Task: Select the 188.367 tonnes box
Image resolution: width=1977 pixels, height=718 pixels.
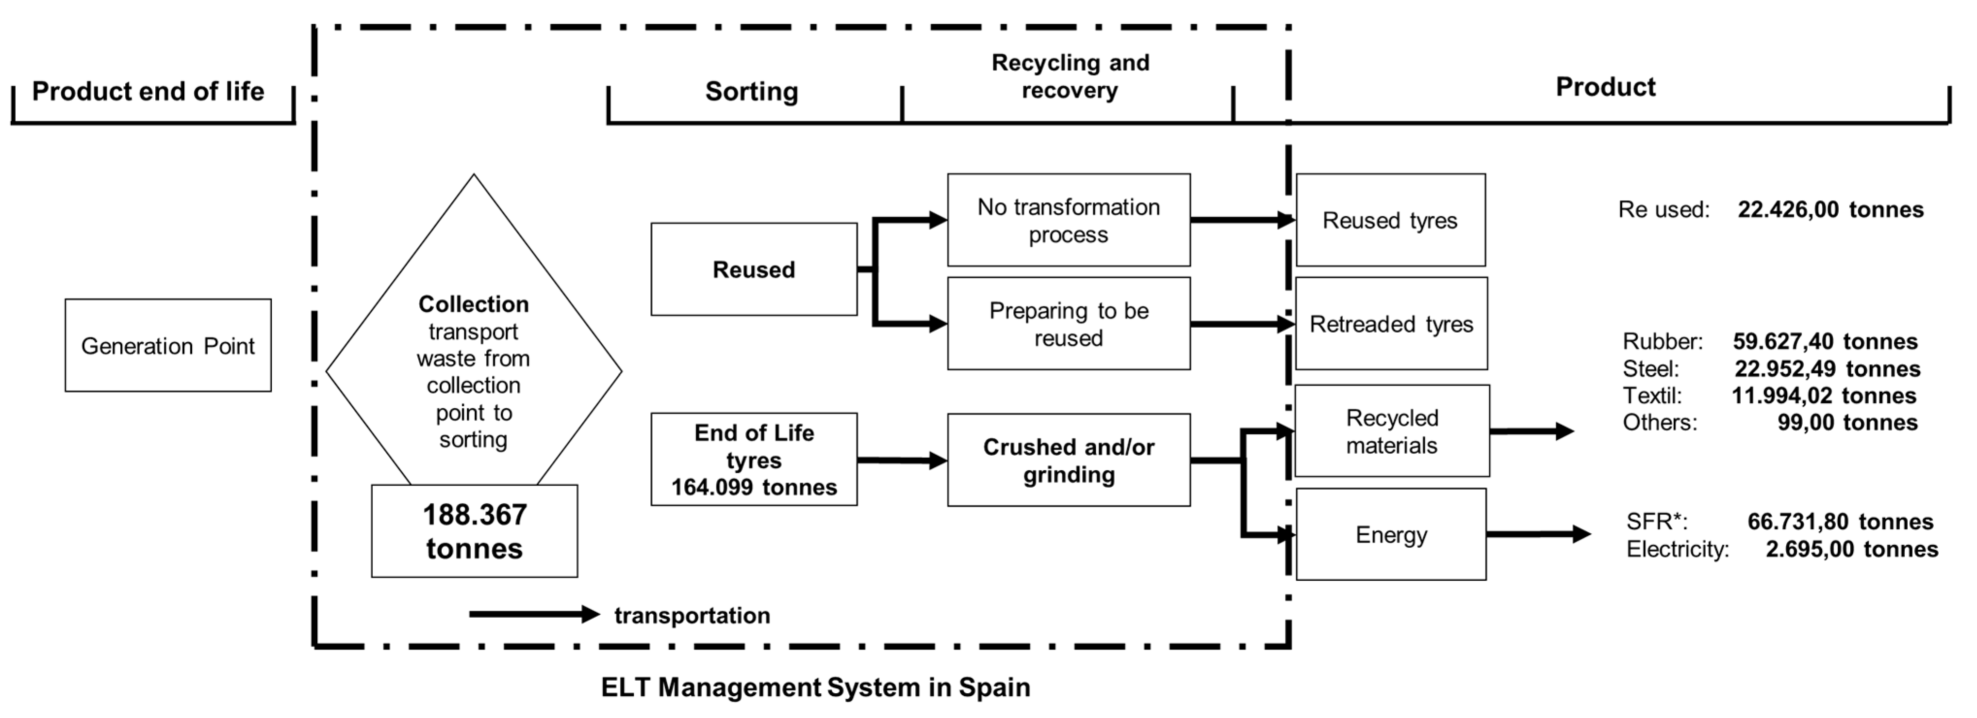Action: tap(474, 531)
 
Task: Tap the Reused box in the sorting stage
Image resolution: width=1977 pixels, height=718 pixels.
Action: tap(754, 269)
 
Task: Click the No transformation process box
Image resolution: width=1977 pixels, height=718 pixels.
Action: tap(1068, 220)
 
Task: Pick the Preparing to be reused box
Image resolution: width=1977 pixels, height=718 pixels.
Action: tap(1068, 324)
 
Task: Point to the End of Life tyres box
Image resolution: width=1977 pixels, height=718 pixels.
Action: tap(754, 460)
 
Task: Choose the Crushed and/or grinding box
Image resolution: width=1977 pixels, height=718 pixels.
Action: tap(1068, 460)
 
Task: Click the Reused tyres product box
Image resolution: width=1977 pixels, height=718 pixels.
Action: tap(1390, 220)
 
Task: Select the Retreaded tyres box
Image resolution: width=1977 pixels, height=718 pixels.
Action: tap(1391, 324)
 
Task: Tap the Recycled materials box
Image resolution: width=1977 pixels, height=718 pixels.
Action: tap(1391, 431)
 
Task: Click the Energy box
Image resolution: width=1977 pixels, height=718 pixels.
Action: tap(1391, 535)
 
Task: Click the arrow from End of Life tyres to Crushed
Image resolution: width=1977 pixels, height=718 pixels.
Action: tap(902, 460)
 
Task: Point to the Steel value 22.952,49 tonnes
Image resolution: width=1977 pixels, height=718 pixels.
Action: tap(1828, 369)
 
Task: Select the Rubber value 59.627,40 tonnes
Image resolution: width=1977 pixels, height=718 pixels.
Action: tap(1825, 341)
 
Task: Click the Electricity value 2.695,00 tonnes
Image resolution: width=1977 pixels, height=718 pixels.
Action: tap(1851, 549)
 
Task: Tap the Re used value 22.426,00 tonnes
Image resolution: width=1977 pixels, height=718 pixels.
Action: tap(1830, 209)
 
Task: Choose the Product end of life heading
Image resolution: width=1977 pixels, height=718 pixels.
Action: tap(148, 91)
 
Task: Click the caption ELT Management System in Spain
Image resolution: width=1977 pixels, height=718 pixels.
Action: tap(815, 687)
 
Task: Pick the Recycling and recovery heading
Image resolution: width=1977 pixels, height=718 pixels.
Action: tap(1070, 76)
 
